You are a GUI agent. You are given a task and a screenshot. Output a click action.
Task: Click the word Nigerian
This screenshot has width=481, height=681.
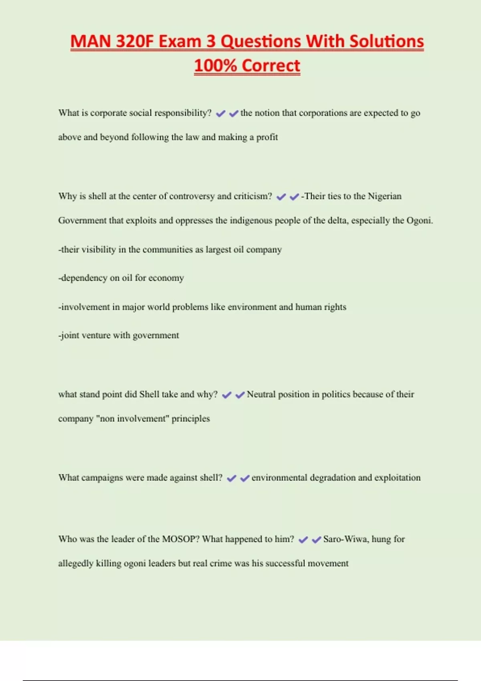(384, 196)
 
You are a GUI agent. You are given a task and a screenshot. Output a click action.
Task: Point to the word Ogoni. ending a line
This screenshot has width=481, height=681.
(420, 220)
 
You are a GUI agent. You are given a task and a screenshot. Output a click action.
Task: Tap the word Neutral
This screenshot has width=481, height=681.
(265, 395)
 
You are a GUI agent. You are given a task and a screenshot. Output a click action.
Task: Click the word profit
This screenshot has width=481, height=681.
(267, 137)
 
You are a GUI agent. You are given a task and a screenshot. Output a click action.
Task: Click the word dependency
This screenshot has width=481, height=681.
(83, 278)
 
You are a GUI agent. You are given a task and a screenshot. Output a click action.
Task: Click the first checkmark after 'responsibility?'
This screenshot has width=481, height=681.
(220, 114)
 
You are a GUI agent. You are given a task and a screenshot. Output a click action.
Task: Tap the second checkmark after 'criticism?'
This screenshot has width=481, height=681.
(294, 197)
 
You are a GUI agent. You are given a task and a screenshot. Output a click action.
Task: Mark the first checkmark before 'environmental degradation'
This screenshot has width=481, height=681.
(231, 478)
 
